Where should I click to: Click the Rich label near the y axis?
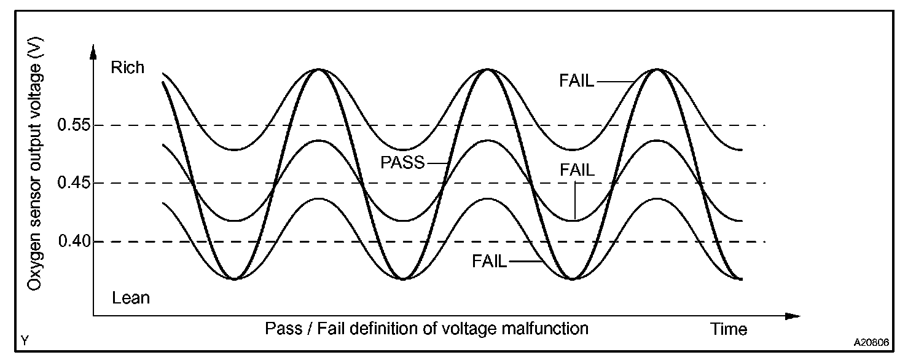(127, 68)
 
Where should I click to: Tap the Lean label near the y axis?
(131, 299)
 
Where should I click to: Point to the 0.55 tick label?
(73, 125)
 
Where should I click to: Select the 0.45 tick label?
(73, 183)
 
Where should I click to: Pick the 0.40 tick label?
(73, 241)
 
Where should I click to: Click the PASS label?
(402, 163)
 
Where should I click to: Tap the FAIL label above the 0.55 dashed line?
(577, 80)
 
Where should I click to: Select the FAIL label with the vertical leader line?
(577, 170)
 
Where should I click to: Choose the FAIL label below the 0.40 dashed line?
(490, 261)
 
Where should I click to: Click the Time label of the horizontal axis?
(729, 329)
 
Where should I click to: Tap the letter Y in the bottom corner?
(24, 340)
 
